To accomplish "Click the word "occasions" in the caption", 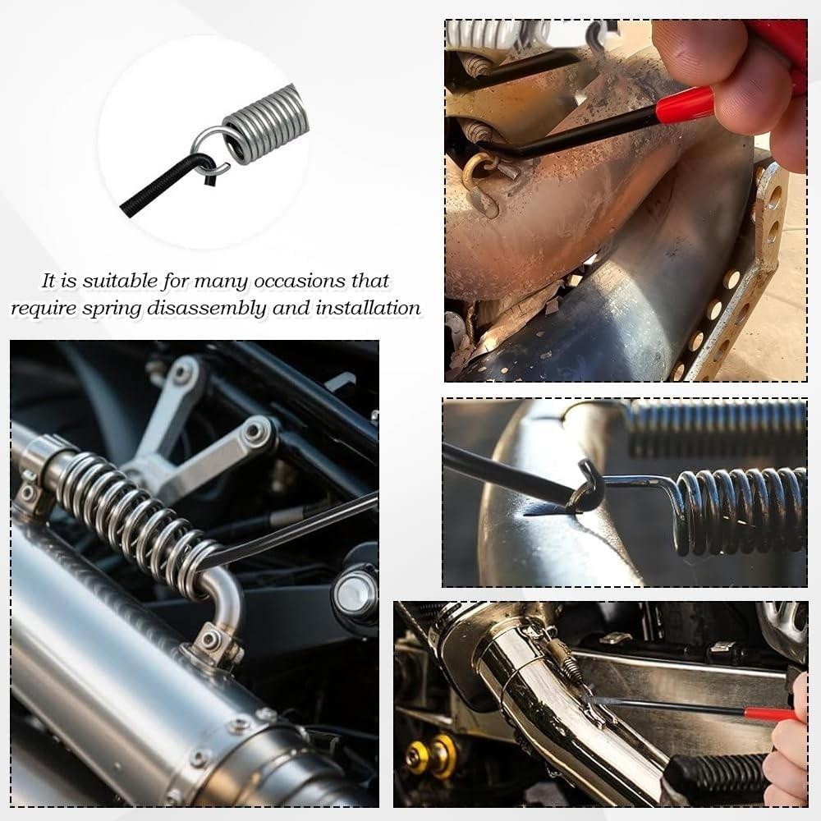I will pos(291,281).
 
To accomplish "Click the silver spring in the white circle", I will pos(266,122).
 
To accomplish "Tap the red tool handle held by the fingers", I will pos(686,105).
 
